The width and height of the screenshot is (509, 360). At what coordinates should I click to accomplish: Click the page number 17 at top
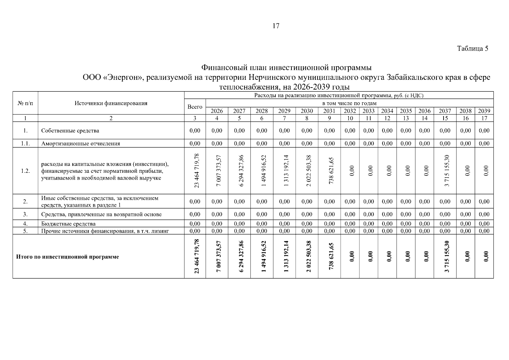pos(276,26)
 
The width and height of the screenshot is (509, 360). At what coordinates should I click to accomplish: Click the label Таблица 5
pos(472,49)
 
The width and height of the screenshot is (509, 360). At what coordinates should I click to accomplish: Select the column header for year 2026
pos(217,111)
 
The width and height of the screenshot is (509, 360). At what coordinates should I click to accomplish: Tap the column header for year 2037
pos(445,111)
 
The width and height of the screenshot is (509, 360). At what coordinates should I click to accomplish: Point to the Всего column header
pos(195,107)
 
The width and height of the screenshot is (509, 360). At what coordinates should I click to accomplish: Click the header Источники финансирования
pos(111,103)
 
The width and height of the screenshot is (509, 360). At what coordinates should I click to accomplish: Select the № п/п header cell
pos(25,103)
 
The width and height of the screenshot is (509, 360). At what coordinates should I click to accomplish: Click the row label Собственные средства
pos(70,131)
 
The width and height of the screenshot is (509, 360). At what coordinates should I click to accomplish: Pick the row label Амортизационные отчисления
pos(81,144)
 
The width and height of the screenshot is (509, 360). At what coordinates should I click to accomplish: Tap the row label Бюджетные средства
pos(68,224)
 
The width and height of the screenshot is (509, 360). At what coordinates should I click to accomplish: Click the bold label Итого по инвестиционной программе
pos(67,257)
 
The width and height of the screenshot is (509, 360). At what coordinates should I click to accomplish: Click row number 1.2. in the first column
pos(25,171)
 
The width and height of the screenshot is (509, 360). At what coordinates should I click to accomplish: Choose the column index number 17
pos(484,118)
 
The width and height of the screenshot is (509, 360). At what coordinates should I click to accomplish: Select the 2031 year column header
pos(329,111)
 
